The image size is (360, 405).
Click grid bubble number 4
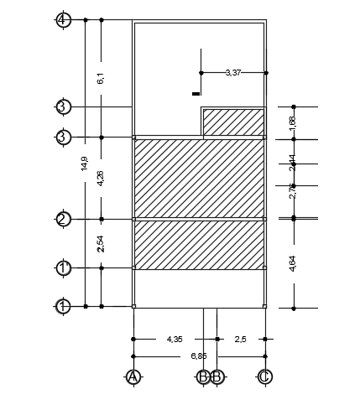click(x=63, y=19)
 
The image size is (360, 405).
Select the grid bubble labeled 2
click(x=63, y=219)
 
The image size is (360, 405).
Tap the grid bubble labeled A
click(x=132, y=376)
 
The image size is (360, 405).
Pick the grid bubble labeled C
click(x=264, y=376)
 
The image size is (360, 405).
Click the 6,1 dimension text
click(x=101, y=78)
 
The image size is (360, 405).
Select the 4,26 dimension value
click(x=101, y=178)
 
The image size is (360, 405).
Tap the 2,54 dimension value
click(x=101, y=243)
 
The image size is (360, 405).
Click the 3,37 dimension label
click(x=233, y=73)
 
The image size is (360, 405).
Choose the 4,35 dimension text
click(x=175, y=339)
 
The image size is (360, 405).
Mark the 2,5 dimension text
click(x=240, y=339)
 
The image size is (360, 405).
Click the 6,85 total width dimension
click(x=198, y=356)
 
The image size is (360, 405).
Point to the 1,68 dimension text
click(x=293, y=122)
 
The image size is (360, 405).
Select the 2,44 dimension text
click(x=293, y=162)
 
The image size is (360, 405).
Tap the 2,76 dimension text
click(x=293, y=190)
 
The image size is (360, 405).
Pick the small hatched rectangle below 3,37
click(x=233, y=122)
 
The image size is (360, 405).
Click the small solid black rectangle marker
click(x=196, y=93)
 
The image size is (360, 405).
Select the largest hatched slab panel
click(x=199, y=178)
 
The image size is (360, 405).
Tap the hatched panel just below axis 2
click(x=199, y=245)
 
